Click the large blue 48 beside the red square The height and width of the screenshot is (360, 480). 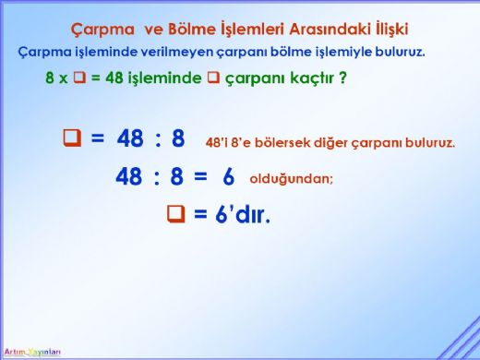131,139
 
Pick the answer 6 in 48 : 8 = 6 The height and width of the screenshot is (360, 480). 229,175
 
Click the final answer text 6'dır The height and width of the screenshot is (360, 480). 240,215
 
